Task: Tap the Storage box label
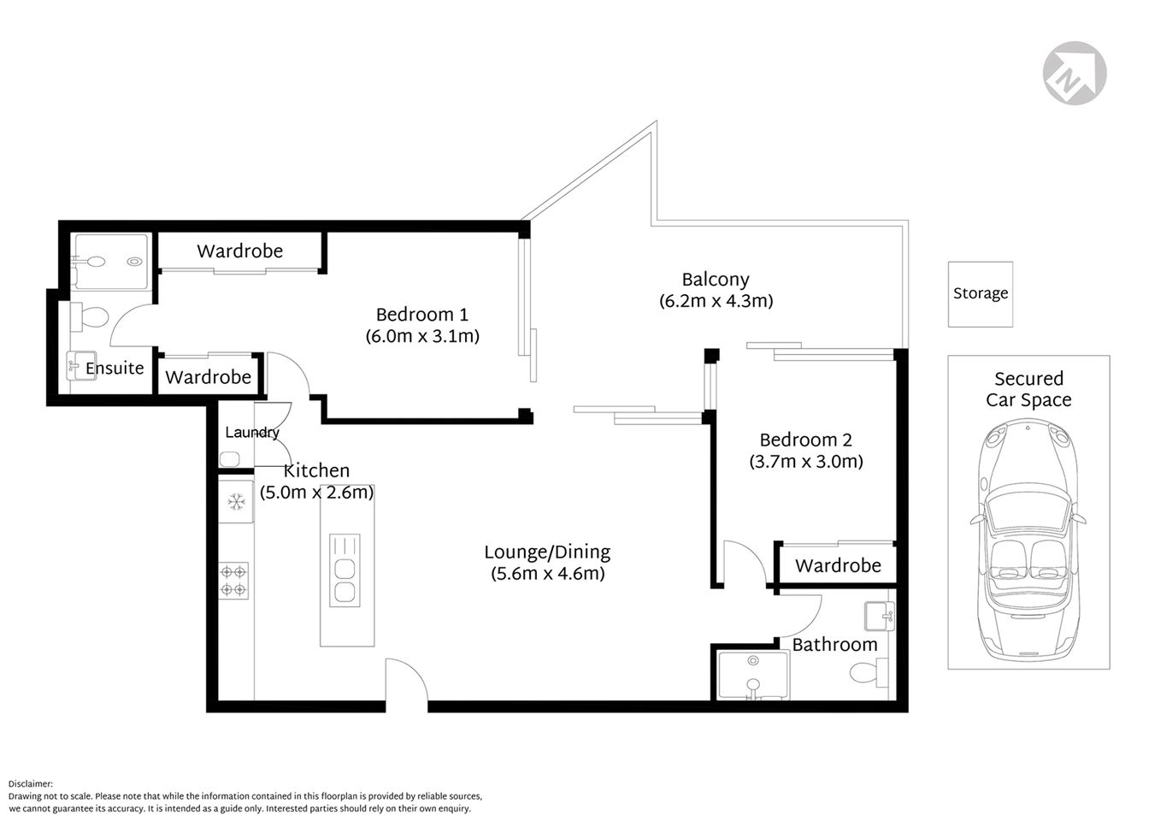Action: (x=980, y=293)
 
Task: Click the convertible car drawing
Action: (x=1028, y=546)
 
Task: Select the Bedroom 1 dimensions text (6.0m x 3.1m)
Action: (x=422, y=336)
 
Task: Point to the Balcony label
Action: (x=716, y=280)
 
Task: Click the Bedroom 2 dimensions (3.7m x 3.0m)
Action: (x=806, y=462)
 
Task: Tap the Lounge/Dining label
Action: (x=547, y=552)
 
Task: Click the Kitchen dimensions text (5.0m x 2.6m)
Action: (x=317, y=493)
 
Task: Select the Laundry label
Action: (x=251, y=433)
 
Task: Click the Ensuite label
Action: (x=115, y=369)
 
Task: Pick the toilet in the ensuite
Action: (x=89, y=317)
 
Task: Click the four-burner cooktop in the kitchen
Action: (x=233, y=579)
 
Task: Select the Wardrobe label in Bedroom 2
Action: (x=838, y=565)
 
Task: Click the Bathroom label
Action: (x=834, y=645)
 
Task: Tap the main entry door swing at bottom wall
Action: (x=406, y=680)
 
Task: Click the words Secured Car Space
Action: (x=1028, y=389)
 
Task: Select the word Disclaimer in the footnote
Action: (x=31, y=783)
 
